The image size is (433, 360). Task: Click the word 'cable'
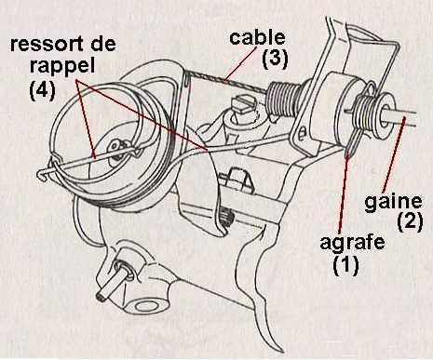257,38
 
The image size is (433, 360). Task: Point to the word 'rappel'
62,66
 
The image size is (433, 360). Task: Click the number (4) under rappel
42,90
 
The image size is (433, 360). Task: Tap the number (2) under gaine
410,221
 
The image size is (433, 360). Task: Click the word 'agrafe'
352,243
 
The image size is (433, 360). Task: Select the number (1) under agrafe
345,265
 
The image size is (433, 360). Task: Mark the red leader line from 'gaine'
393,154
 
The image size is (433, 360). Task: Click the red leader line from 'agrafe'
344,193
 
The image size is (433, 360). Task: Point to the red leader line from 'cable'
240,63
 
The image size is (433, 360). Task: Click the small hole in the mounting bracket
302,133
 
